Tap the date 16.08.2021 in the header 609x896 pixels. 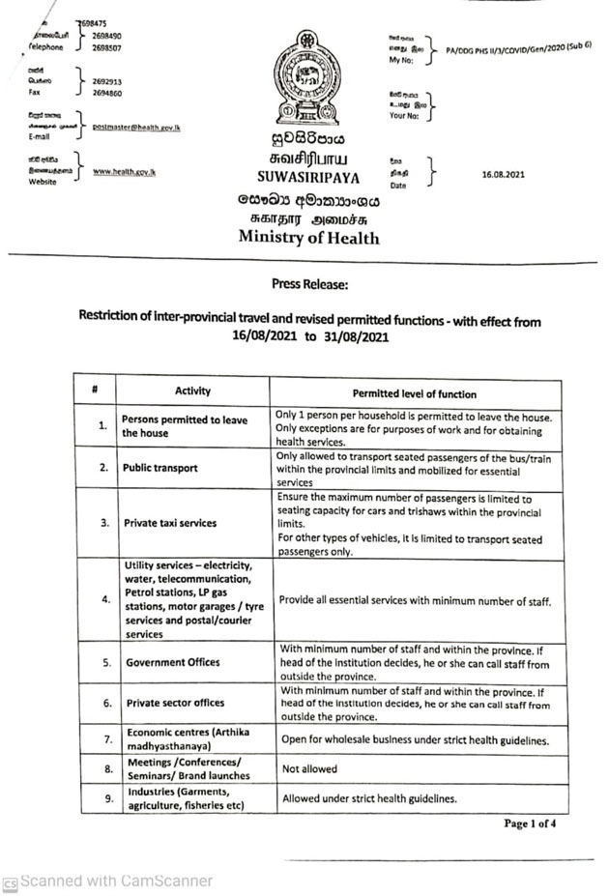pyautogui.click(x=502, y=175)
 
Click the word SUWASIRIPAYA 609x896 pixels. pyautogui.click(x=307, y=177)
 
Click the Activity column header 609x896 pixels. pyautogui.click(x=192, y=390)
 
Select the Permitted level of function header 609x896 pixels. pyautogui.click(x=414, y=393)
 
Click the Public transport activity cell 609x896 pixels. pyautogui.click(x=160, y=468)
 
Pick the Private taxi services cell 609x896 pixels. pyautogui.click(x=170, y=523)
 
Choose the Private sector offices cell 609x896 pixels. pyautogui.click(x=174, y=703)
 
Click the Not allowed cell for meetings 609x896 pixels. pyautogui.click(x=309, y=768)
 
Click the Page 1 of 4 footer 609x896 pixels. pyautogui.click(x=529, y=824)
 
